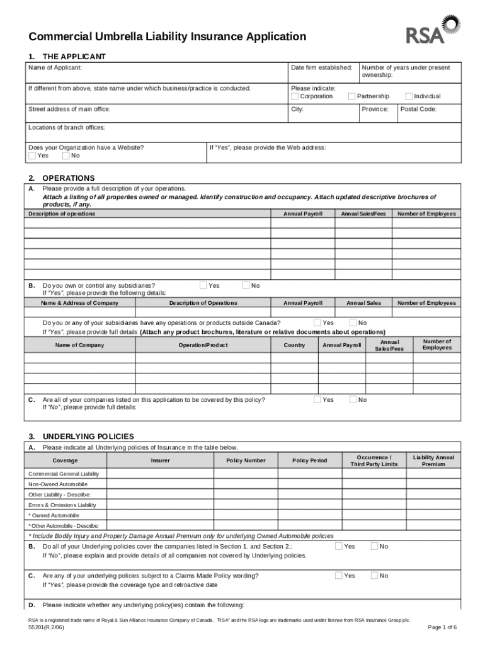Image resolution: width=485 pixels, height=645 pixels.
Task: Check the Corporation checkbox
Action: pos(295,96)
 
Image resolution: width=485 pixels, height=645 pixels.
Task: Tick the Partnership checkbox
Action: pos(352,96)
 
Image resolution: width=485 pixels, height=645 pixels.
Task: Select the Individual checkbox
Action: pos(409,96)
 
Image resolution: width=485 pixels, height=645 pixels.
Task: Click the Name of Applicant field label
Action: pos(55,67)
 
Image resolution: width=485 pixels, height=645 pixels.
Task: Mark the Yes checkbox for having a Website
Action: pos(33,156)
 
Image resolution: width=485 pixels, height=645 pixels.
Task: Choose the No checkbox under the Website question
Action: pos(66,156)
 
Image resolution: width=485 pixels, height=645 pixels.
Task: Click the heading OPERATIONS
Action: pos(69,178)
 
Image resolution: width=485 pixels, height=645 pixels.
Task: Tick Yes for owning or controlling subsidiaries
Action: pos(203,285)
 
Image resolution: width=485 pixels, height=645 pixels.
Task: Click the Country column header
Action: pos(294,345)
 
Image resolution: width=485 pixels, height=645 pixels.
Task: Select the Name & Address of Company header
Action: pos(79,303)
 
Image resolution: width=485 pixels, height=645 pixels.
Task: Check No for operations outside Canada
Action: pos(353,322)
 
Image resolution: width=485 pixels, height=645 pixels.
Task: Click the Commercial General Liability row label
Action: pos(64,474)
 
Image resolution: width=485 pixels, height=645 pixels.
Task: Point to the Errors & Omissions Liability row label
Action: pos(62,505)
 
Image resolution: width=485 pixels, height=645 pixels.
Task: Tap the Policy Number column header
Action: pos(246,460)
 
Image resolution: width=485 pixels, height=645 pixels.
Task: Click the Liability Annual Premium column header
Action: pos(433,460)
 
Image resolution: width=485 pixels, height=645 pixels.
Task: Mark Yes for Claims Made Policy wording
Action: pos(339,575)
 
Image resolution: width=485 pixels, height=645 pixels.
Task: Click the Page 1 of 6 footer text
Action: pos(442,627)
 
